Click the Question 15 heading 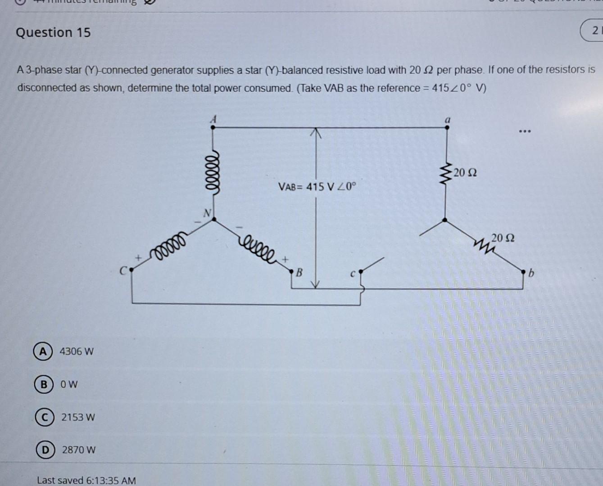tap(53, 32)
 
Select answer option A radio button tap(42, 351)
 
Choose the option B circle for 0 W tap(43, 384)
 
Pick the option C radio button tap(44, 417)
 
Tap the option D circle tap(45, 450)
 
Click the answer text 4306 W tap(77, 351)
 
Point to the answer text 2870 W tap(79, 450)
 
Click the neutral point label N tap(207, 213)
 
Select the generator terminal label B tap(299, 273)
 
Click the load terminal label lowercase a tap(447, 120)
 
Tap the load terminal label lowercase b tap(531, 273)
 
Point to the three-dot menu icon tap(525, 132)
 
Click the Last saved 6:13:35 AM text tap(86, 480)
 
